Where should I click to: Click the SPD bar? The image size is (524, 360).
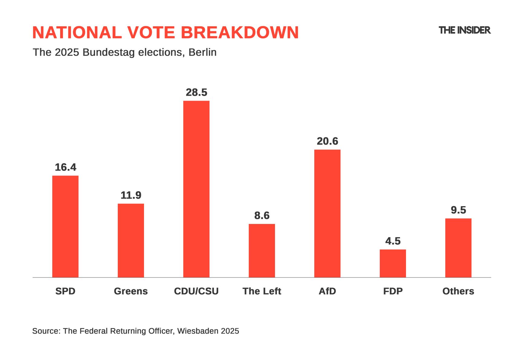[x=65, y=226]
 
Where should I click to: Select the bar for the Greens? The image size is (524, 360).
[x=131, y=240]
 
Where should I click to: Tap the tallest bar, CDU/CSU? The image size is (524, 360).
[x=196, y=189]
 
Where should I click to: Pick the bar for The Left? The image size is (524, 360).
[x=262, y=251]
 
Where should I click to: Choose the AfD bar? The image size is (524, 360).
[x=327, y=213]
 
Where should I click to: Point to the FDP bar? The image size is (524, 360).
[x=393, y=263]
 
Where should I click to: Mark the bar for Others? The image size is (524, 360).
[x=458, y=248]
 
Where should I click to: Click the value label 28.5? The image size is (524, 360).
[x=196, y=92]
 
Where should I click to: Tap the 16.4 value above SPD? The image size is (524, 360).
[x=65, y=167]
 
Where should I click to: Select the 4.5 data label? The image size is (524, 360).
[x=393, y=241]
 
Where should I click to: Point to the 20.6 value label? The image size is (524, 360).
[x=327, y=141]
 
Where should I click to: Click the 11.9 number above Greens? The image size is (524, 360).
[x=131, y=195]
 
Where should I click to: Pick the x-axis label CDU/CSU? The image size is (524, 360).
[x=196, y=291]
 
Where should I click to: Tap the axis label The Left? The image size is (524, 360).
[x=262, y=291]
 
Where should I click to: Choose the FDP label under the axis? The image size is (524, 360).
[x=393, y=291]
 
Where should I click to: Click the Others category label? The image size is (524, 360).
[x=458, y=291]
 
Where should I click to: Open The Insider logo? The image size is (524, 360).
[x=464, y=30]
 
